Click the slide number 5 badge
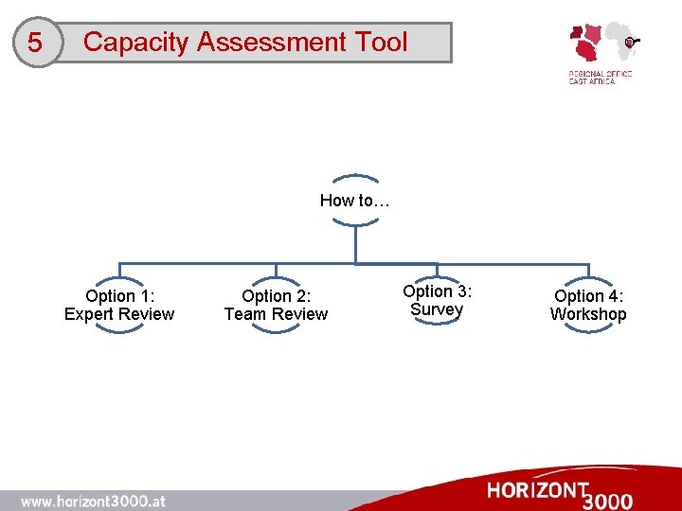(x=35, y=44)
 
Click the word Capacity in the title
(x=135, y=43)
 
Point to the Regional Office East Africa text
(x=600, y=78)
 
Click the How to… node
(x=355, y=200)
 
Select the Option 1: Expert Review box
(x=119, y=305)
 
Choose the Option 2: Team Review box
(x=276, y=305)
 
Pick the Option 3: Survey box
(x=437, y=300)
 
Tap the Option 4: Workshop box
(x=588, y=305)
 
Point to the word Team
(x=245, y=314)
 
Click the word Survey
(x=437, y=309)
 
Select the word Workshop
(x=588, y=314)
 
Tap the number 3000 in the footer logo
(x=609, y=500)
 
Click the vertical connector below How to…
(x=355, y=244)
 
